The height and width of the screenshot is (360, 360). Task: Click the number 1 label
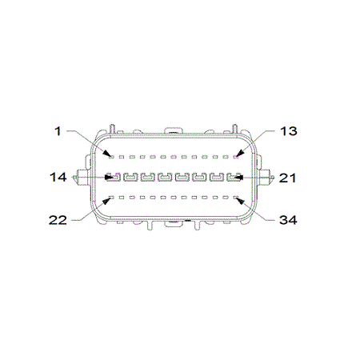pyautogui.click(x=58, y=131)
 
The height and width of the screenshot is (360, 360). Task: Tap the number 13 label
pyautogui.click(x=289, y=131)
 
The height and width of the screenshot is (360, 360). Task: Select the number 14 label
pyautogui.click(x=58, y=178)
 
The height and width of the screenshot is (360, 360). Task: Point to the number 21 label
pyautogui.click(x=288, y=178)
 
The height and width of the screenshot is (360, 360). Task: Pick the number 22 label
pyautogui.click(x=58, y=220)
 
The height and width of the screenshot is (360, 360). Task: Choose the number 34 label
pyautogui.click(x=288, y=220)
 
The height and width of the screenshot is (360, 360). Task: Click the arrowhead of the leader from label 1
pyautogui.click(x=108, y=154)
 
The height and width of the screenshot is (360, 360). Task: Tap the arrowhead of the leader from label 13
pyautogui.click(x=239, y=154)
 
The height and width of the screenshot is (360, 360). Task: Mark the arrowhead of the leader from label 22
pyautogui.click(x=107, y=201)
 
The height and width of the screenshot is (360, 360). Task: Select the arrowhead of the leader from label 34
pyautogui.click(x=240, y=202)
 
